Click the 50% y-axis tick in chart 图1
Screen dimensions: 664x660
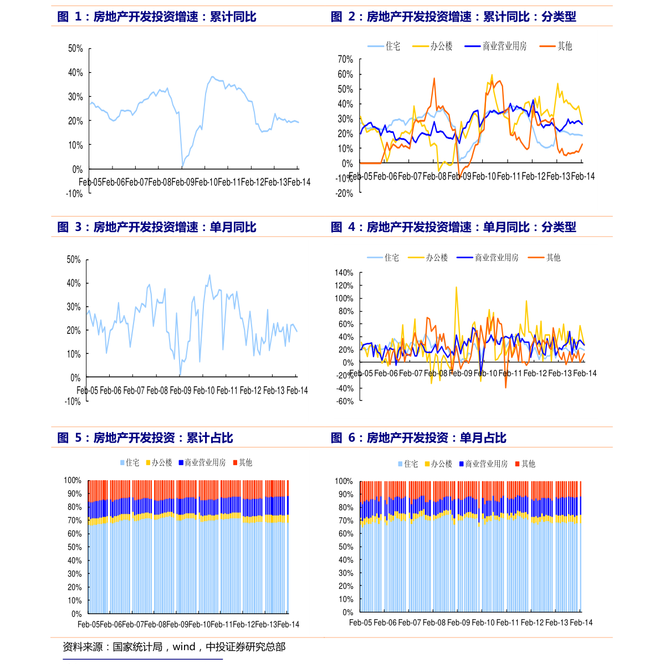(x=75, y=49)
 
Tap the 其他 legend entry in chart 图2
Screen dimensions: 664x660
(x=564, y=47)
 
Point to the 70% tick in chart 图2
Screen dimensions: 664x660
(x=345, y=59)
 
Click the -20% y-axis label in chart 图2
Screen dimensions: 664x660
(x=344, y=193)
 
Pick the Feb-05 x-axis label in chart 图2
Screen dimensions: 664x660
(x=360, y=176)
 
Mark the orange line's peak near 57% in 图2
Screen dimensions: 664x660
(x=434, y=78)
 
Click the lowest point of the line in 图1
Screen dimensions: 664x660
(x=182, y=166)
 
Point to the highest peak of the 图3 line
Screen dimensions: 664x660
(x=209, y=275)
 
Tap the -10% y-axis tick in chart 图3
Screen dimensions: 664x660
(x=73, y=402)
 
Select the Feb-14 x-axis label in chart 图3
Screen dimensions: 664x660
(x=297, y=390)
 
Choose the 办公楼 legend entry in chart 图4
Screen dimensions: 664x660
(x=436, y=258)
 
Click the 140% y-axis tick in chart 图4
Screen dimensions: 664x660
(x=344, y=272)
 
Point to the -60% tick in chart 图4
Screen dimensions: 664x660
(x=344, y=402)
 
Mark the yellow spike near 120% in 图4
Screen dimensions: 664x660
(x=457, y=287)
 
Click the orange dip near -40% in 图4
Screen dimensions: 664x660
(x=505, y=387)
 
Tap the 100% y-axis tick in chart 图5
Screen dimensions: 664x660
(x=73, y=480)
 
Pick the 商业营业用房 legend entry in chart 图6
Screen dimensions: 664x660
(x=486, y=464)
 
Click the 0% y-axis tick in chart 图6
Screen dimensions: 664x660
(x=348, y=612)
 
